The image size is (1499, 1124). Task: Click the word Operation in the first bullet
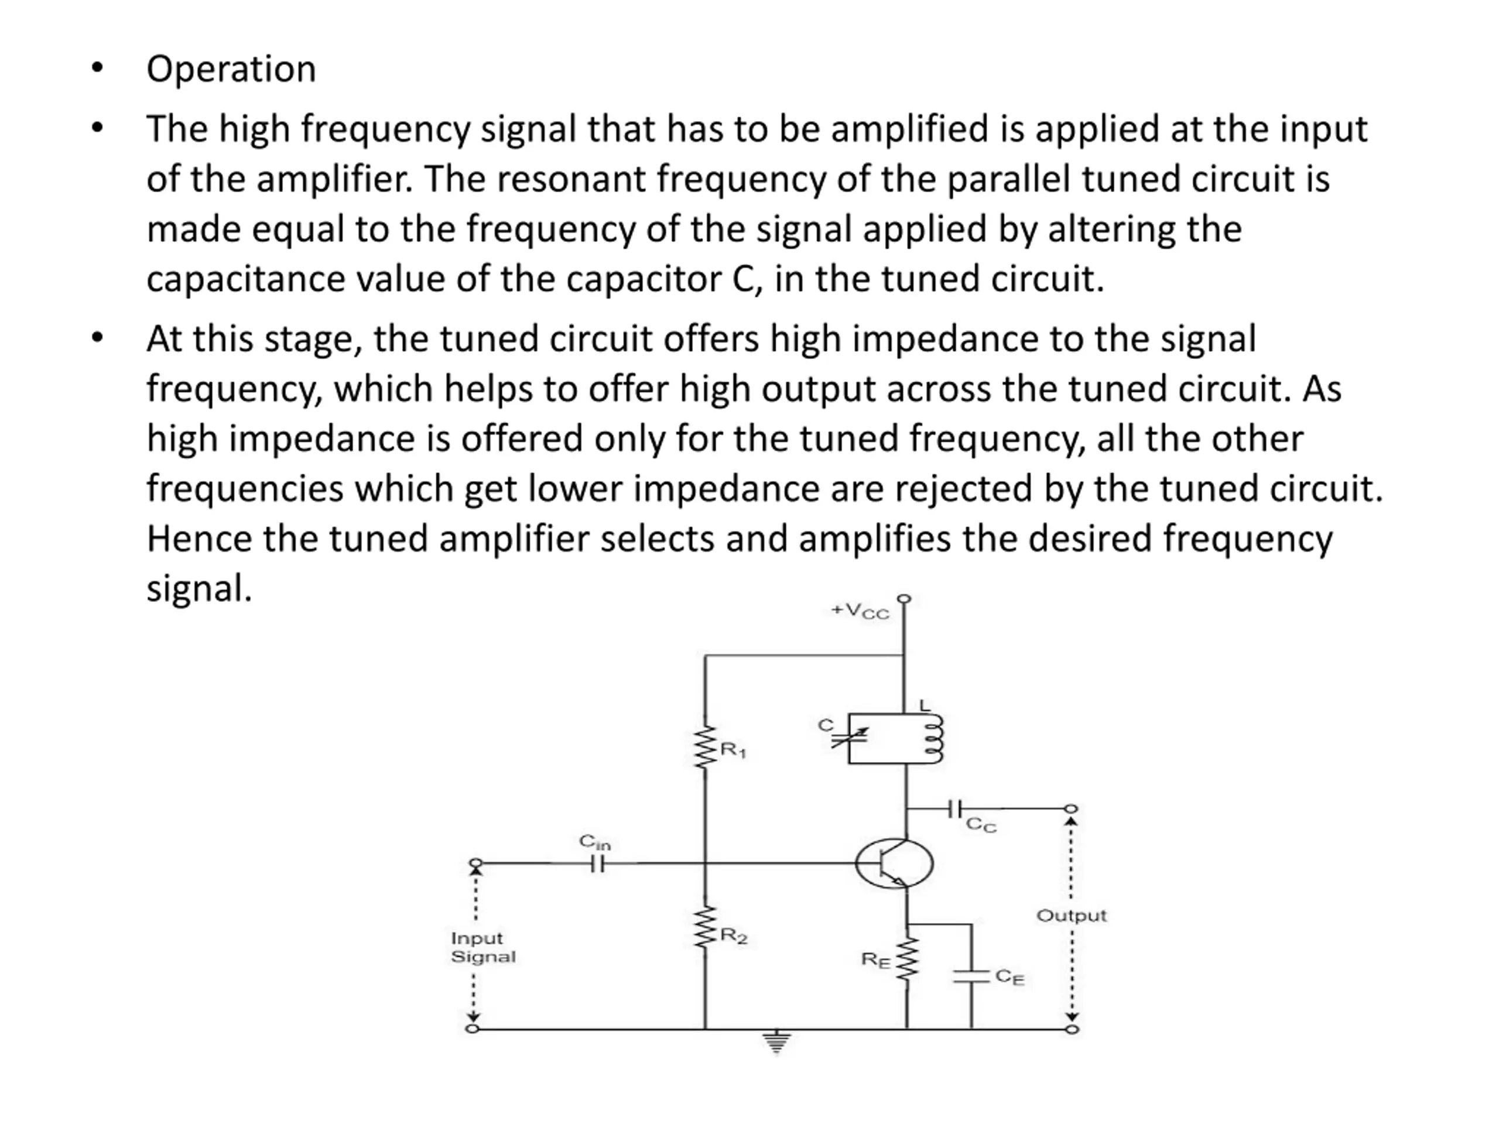pyautogui.click(x=231, y=69)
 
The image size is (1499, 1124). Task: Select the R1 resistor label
pyautogui.click(x=733, y=750)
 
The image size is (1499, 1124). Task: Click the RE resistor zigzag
pyautogui.click(x=906, y=959)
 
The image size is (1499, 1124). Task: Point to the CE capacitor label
pyautogui.click(x=1009, y=977)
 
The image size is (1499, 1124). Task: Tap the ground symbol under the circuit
pyautogui.click(x=776, y=1043)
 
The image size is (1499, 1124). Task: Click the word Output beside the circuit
pyautogui.click(x=1071, y=916)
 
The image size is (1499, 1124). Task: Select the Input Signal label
pyautogui.click(x=482, y=947)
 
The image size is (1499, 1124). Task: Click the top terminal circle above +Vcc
pyautogui.click(x=904, y=599)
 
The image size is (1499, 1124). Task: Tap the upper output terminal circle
pyautogui.click(x=1071, y=808)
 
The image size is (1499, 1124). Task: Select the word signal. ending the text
pyautogui.click(x=199, y=588)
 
